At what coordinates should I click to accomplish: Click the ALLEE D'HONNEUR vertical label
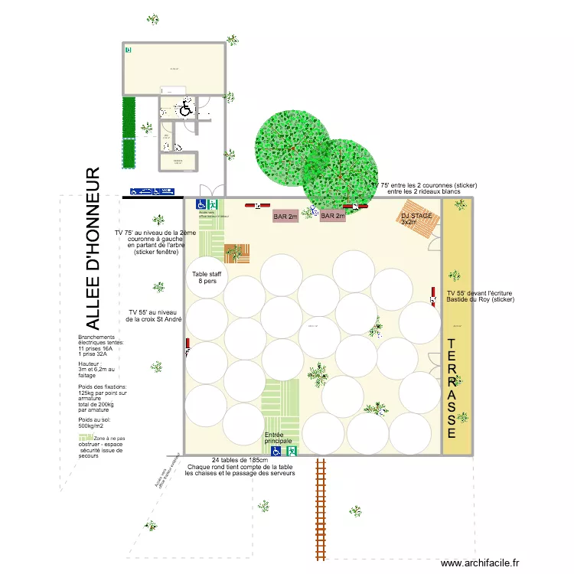coord(92,248)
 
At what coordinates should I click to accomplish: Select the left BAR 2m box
coord(286,217)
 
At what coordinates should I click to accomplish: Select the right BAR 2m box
coord(333,217)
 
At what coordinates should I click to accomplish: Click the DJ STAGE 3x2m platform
coord(417,219)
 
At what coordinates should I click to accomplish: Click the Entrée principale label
coord(279,438)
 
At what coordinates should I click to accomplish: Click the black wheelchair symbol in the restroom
coord(186,109)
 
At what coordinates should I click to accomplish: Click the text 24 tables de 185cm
coord(240,460)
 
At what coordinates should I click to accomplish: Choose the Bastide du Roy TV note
coord(481,296)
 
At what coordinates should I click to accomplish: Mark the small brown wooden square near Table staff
coord(236,253)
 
